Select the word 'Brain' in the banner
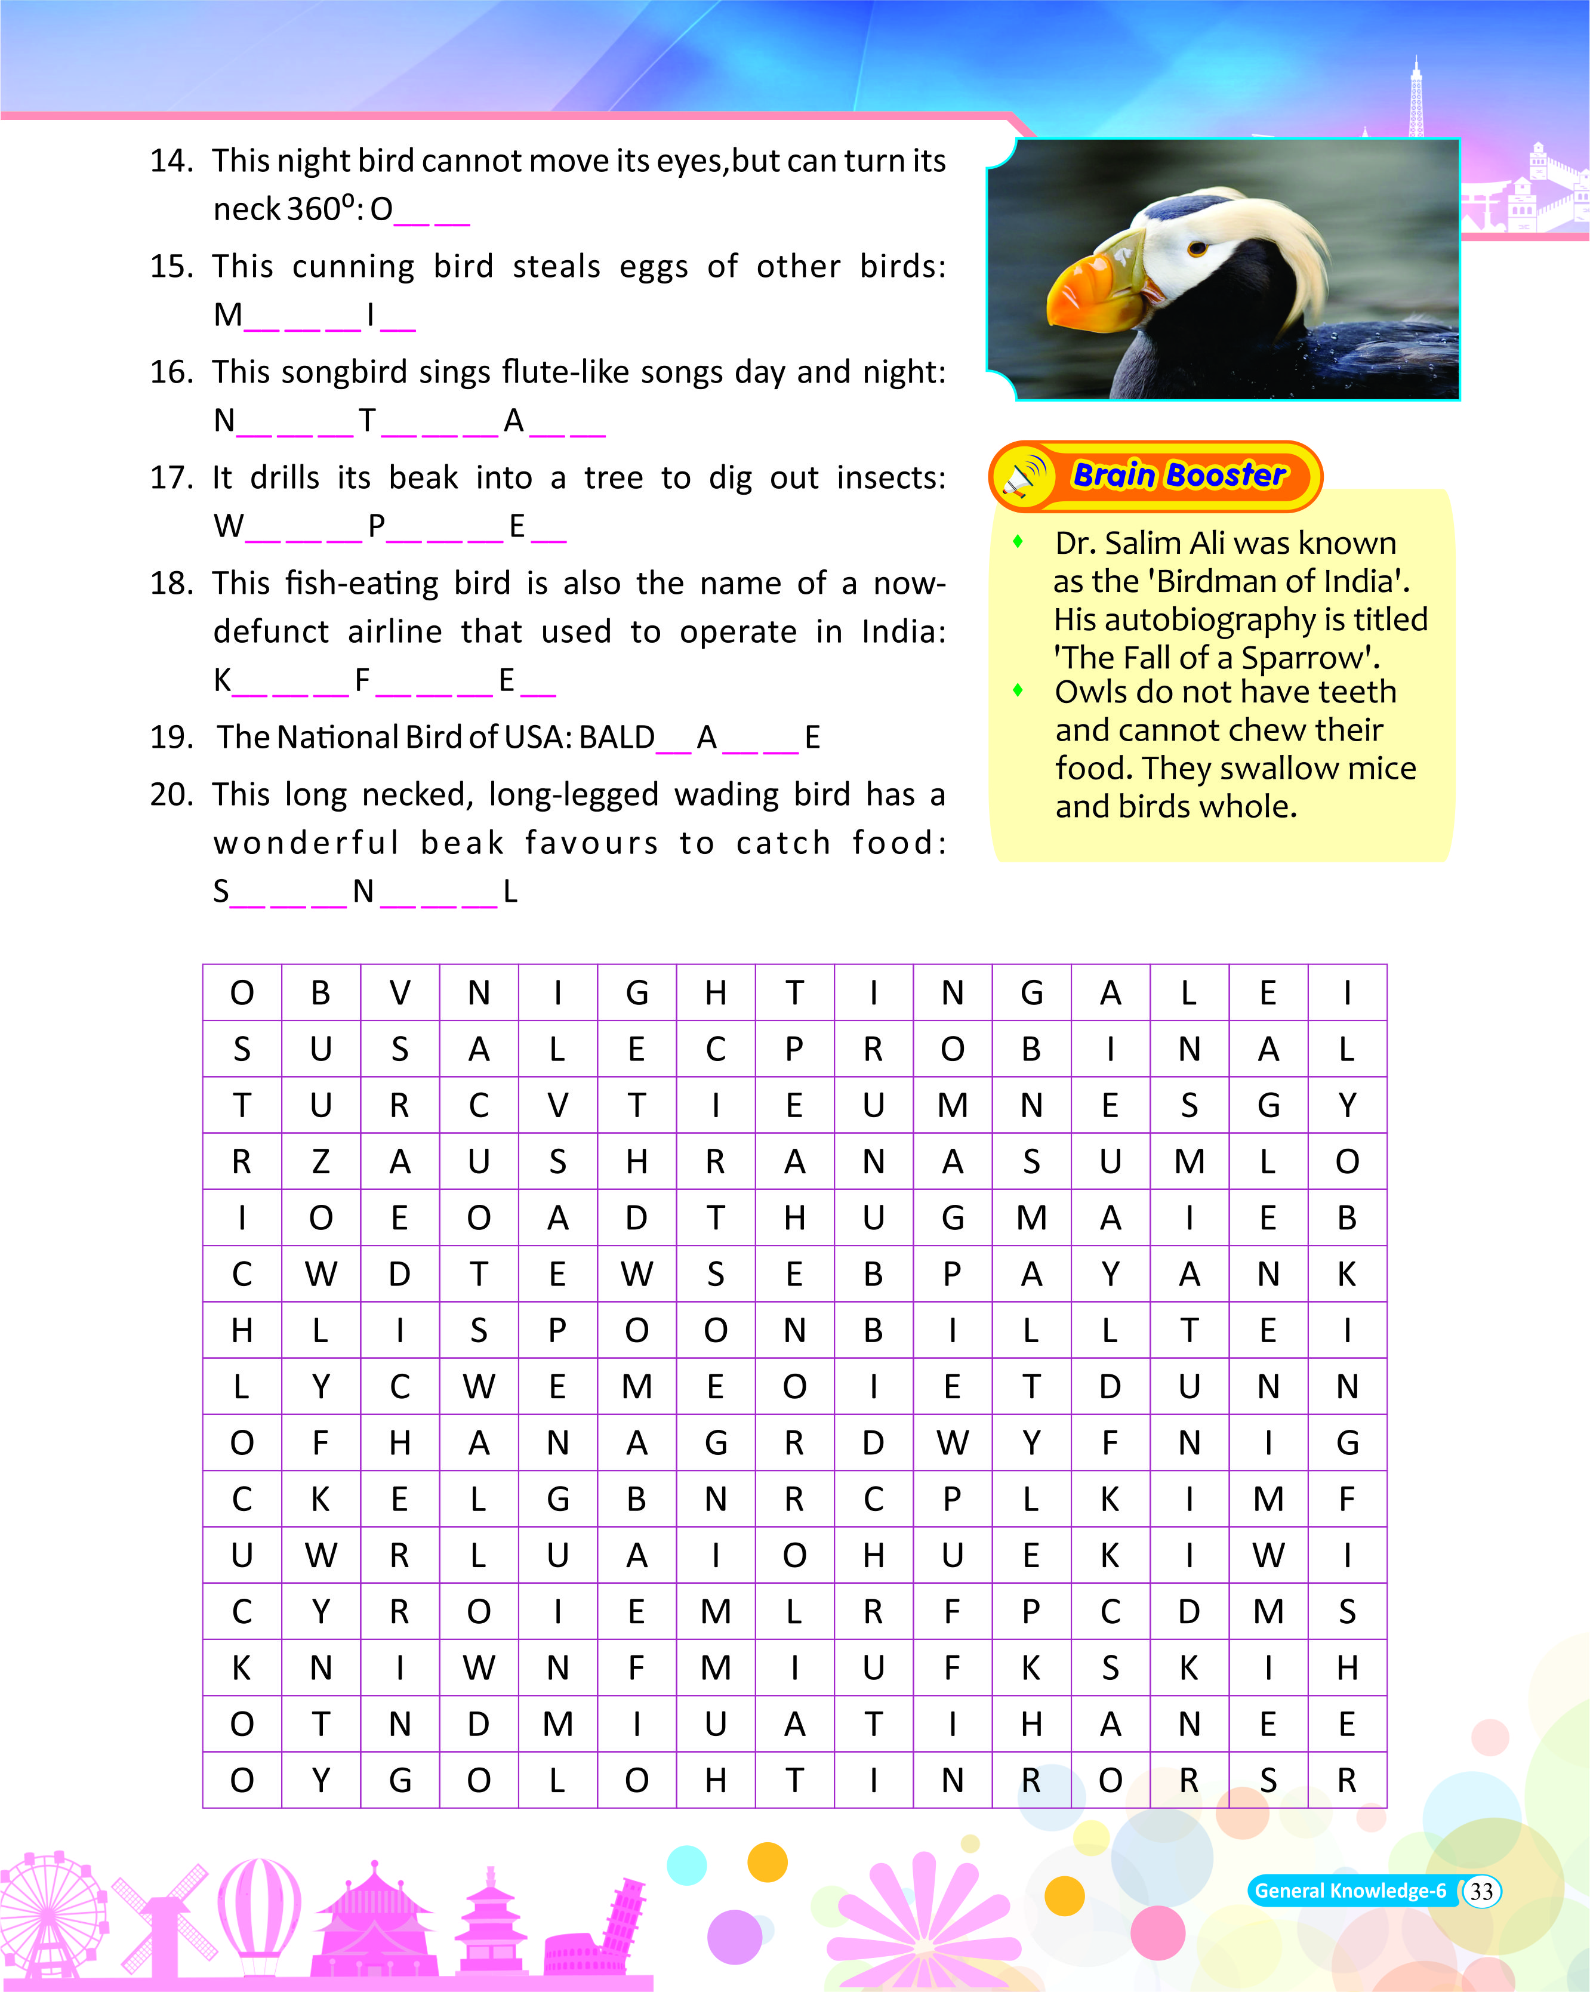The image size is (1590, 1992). [1114, 475]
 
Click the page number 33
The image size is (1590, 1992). [1481, 1891]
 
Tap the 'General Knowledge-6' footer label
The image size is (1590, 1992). [1350, 1891]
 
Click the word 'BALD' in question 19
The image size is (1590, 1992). [616, 737]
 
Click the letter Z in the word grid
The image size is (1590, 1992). [321, 1161]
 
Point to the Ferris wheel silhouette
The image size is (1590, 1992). [51, 1913]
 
